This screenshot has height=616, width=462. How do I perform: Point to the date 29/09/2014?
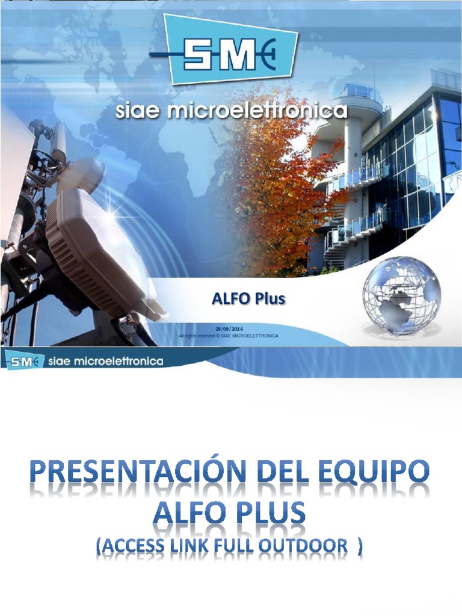coord(229,328)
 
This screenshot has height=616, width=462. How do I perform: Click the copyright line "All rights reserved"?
coord(229,335)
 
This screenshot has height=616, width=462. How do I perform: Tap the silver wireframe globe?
coord(401,295)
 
